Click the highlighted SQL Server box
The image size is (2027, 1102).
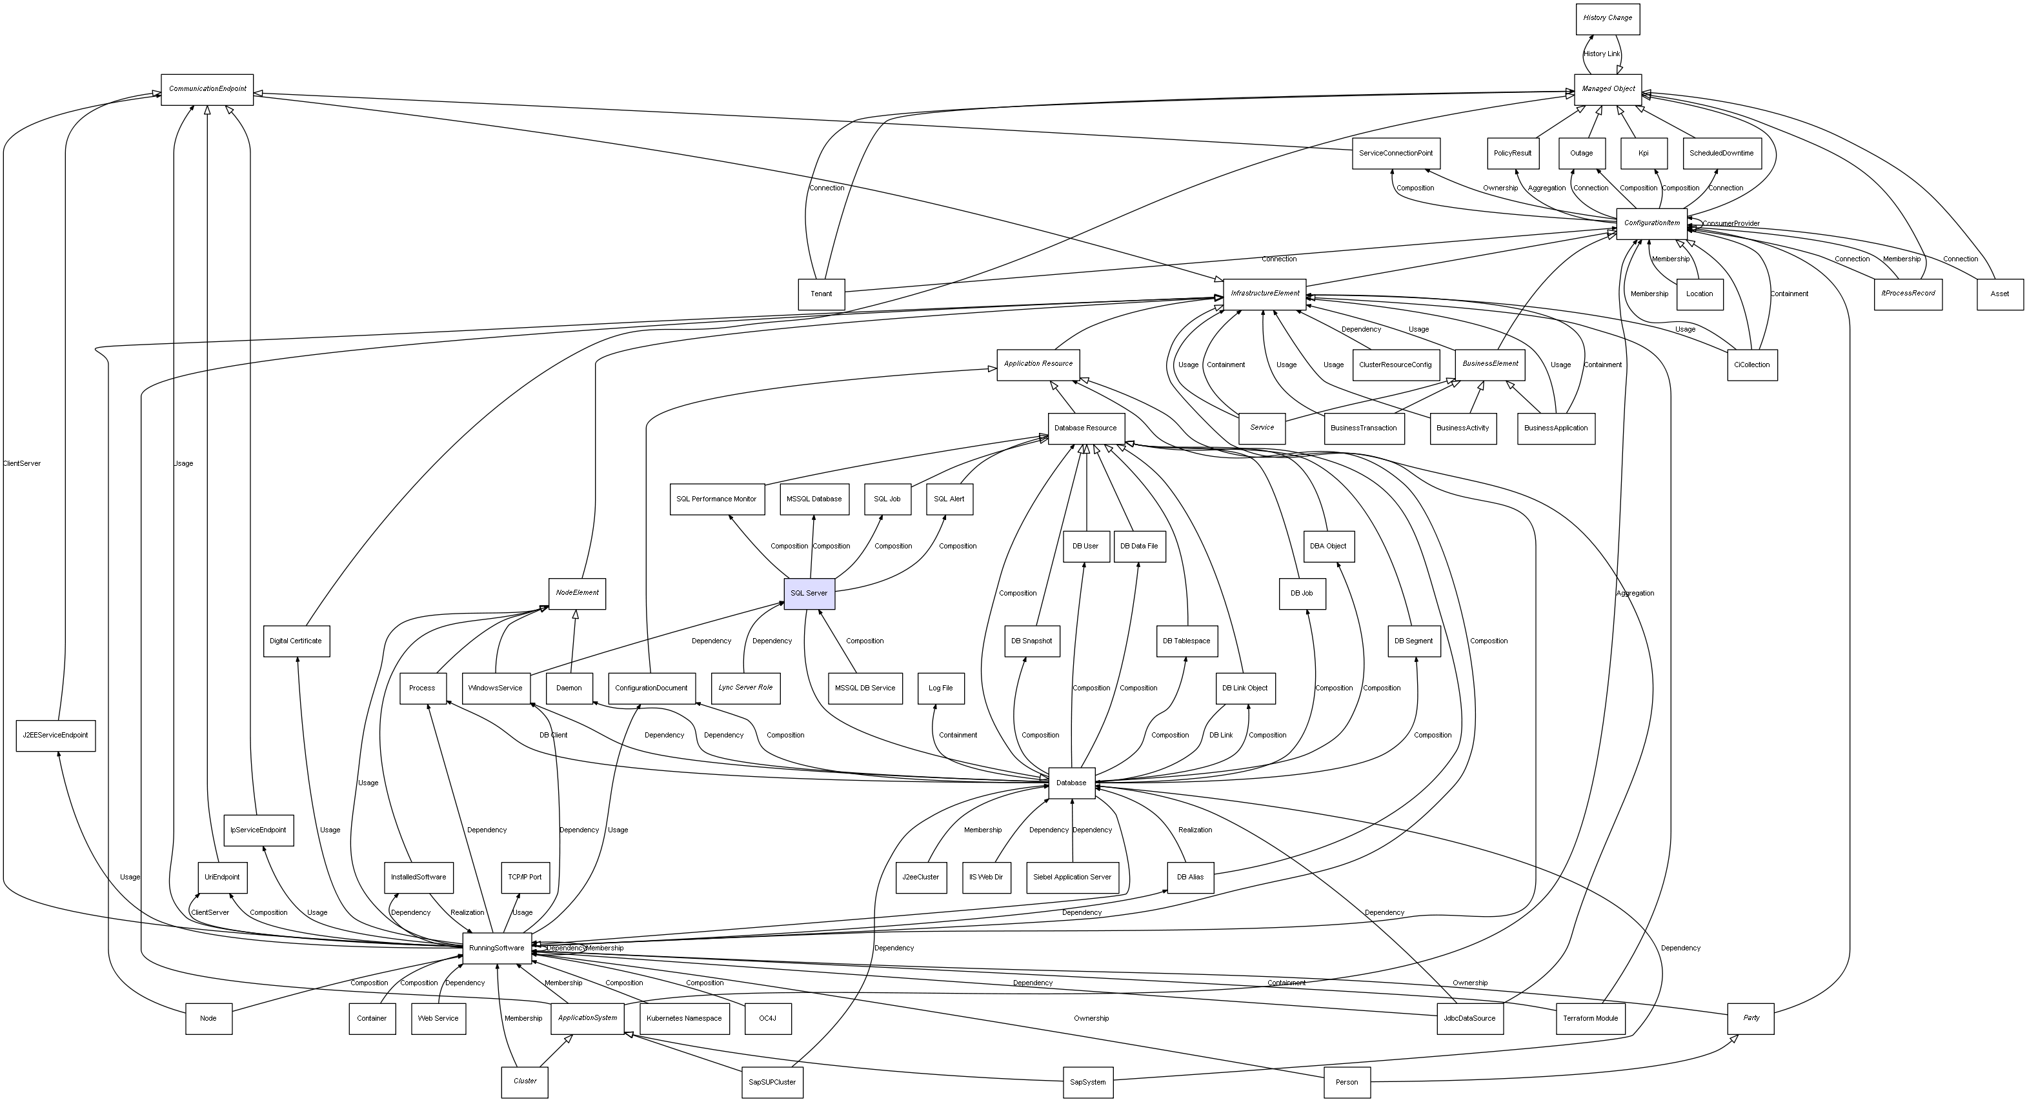[x=809, y=593]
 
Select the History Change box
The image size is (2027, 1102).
[x=1607, y=18]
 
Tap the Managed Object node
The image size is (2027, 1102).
[x=1608, y=89]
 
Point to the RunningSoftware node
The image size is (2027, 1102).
[x=496, y=948]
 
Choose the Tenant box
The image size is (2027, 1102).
[x=821, y=294]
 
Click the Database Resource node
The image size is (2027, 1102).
[x=1085, y=428]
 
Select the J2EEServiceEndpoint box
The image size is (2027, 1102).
[x=55, y=736]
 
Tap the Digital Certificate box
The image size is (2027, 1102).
[x=295, y=641]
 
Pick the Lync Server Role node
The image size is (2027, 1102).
[x=745, y=688]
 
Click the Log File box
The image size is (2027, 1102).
[x=940, y=688]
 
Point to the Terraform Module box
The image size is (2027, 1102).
[x=1589, y=1019]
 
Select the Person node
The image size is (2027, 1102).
[x=1346, y=1083]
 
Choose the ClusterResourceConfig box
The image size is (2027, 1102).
[x=1395, y=365]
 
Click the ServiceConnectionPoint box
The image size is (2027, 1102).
[x=1395, y=154]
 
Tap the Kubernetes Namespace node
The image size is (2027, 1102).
[x=684, y=1019]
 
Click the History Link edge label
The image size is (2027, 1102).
[x=1601, y=54]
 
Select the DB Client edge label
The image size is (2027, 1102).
[x=553, y=736]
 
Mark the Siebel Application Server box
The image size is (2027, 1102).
[x=1072, y=877]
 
